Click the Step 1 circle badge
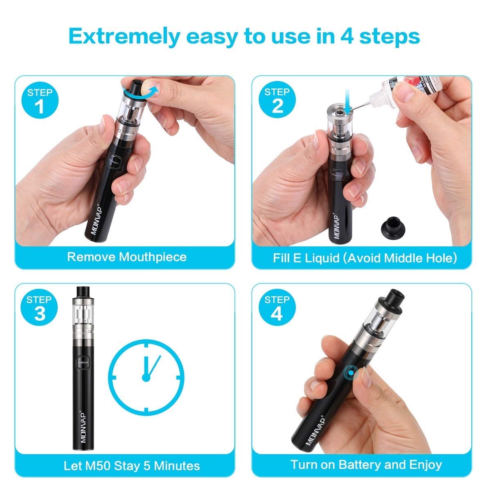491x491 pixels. (40, 101)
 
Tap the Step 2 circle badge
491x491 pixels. (277, 101)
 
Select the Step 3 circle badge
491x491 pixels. (40, 308)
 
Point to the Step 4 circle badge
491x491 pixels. (277, 308)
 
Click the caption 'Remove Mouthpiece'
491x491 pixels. (126, 257)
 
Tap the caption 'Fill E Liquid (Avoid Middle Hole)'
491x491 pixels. (365, 258)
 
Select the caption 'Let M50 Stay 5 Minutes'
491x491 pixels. (131, 466)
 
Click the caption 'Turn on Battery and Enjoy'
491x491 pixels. (366, 465)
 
